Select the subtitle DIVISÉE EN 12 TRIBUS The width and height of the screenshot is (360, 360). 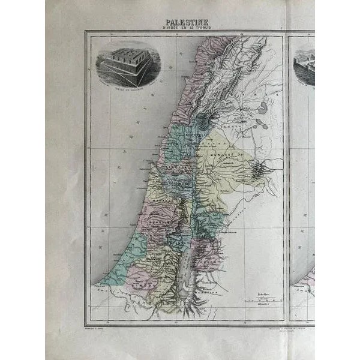point(184,29)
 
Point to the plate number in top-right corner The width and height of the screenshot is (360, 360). point(281,28)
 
